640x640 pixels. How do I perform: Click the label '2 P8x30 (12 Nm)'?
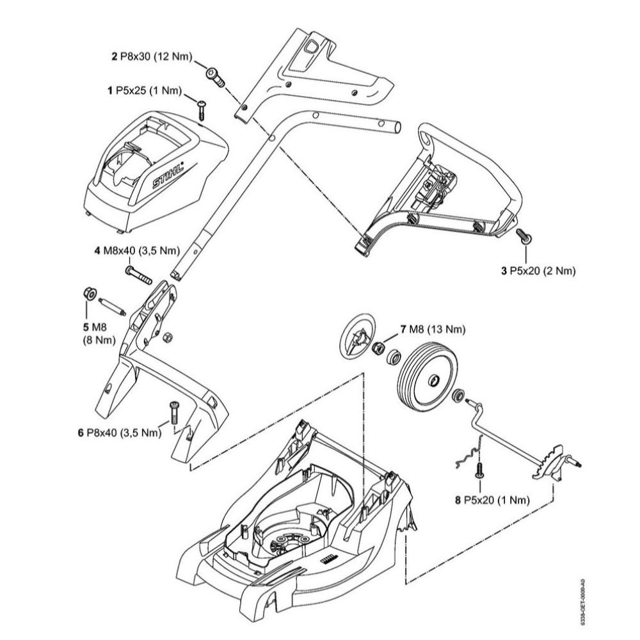151,57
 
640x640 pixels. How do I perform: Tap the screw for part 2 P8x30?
216,77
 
